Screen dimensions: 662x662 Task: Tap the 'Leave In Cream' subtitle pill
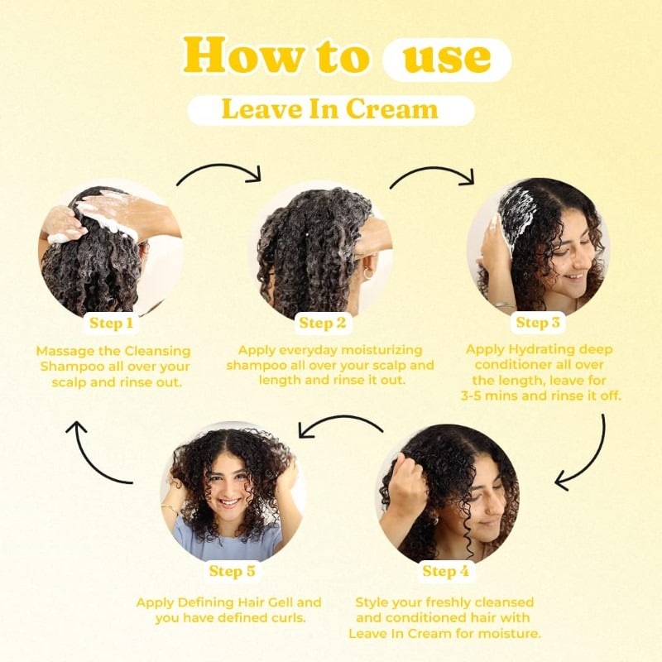pos(330,110)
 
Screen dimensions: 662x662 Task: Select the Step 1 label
pos(112,323)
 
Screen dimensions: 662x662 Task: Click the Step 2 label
pos(323,323)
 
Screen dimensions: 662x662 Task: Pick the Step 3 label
pos(538,322)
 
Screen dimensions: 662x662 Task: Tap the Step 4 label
pos(445,571)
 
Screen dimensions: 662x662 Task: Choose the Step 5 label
pos(232,571)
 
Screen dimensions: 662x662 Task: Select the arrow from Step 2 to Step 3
pos(432,172)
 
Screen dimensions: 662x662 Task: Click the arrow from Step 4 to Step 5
pos(341,424)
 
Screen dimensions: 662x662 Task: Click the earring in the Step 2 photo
pos(367,273)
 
